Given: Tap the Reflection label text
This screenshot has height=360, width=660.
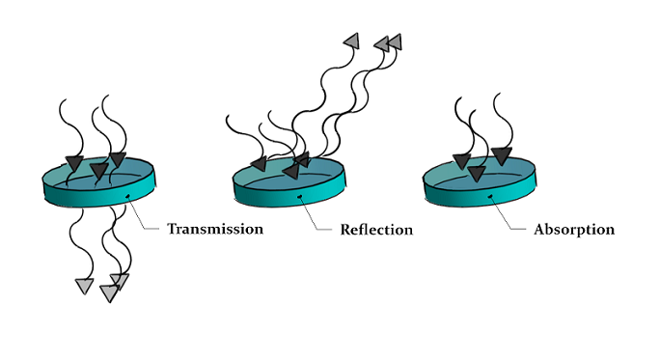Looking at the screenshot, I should pyautogui.click(x=375, y=230).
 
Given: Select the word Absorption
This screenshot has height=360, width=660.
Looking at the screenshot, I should pyautogui.click(x=573, y=230).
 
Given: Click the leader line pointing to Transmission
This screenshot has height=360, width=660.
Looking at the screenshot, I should pyautogui.click(x=145, y=221).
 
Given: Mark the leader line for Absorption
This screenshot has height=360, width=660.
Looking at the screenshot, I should pyautogui.click(x=511, y=221).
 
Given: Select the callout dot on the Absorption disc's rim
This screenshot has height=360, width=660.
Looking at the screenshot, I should pyautogui.click(x=492, y=197).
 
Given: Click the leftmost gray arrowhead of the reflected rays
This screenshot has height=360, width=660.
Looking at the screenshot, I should pyautogui.click(x=352, y=40).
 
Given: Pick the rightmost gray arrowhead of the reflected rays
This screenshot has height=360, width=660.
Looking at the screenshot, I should pyautogui.click(x=394, y=42).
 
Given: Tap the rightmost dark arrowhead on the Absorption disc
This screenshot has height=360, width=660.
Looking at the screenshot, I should pyautogui.click(x=501, y=154).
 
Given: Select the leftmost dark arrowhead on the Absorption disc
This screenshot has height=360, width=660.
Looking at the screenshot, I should pyautogui.click(x=461, y=161).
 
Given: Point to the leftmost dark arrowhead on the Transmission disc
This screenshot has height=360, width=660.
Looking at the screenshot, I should pyautogui.click(x=73, y=162).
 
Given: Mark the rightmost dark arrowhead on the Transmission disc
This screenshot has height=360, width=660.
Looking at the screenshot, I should pyautogui.click(x=118, y=158).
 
